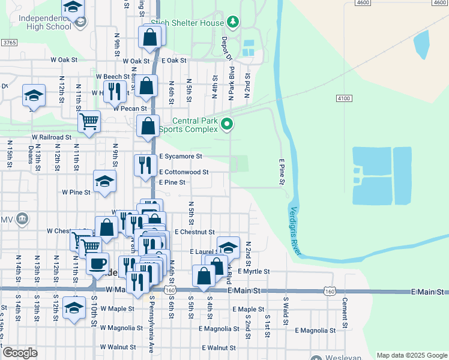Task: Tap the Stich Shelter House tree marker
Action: click(233, 22)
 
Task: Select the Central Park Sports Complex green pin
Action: click(227, 125)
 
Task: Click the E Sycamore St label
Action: click(181, 156)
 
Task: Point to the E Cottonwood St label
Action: click(184, 172)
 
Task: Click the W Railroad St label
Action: click(52, 137)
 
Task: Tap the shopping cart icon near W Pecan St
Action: click(89, 121)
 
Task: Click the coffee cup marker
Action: click(97, 263)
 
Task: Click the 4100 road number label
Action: click(343, 98)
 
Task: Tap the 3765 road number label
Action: click(9, 43)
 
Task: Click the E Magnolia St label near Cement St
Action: click(315, 331)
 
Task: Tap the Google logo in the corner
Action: click(20, 353)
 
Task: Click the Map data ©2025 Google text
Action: click(412, 355)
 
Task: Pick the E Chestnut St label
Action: click(194, 231)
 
